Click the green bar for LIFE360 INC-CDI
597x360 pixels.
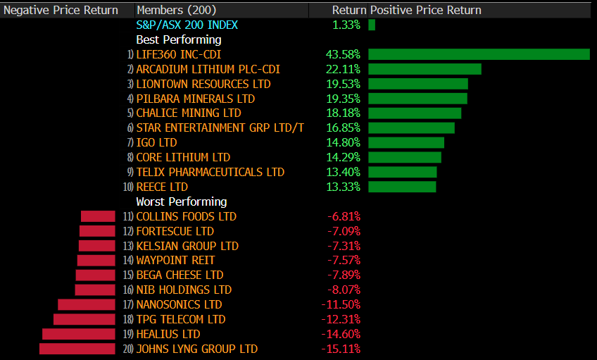click(479, 54)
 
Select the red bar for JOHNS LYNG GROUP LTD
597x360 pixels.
click(77, 349)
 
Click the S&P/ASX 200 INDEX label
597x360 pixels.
click(187, 25)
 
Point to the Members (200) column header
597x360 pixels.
click(177, 11)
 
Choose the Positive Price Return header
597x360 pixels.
click(426, 11)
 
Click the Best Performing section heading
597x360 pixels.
click(178, 39)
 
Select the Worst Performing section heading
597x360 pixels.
click(181, 201)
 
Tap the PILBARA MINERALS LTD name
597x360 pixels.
click(195, 99)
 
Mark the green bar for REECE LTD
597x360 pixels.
click(402, 187)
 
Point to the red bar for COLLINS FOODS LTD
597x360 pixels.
click(98, 216)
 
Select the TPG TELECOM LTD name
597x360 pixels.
click(180, 319)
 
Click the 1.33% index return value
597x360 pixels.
click(346, 25)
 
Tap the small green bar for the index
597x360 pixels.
click(372, 25)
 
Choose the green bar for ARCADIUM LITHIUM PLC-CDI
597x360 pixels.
click(425, 69)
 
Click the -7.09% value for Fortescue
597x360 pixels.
click(343, 231)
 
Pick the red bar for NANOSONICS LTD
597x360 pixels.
click(86, 304)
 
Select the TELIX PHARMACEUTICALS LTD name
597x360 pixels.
click(210, 172)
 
